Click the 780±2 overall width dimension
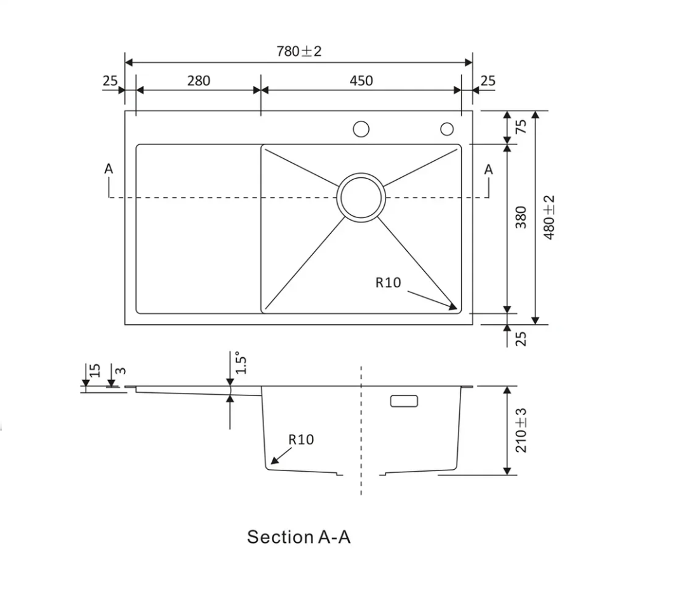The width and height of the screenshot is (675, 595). point(299,51)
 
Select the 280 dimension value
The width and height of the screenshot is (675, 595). point(198,81)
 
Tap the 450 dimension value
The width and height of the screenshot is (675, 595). point(361,81)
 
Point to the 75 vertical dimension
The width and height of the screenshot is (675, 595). point(521,126)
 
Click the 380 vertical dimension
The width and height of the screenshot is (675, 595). point(521,217)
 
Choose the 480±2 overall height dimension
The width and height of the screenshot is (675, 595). point(550,217)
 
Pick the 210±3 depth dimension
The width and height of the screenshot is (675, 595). point(521,430)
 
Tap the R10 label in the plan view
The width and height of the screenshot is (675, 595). point(388,282)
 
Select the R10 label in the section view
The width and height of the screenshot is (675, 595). point(301,439)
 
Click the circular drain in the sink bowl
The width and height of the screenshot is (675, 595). point(361,197)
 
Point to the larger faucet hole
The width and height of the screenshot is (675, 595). point(361,129)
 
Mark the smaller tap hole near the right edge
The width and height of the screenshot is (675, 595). point(447,129)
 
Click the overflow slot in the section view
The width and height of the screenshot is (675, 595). point(403,401)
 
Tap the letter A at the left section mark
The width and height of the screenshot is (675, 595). point(109,169)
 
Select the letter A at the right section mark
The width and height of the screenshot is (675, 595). point(488,169)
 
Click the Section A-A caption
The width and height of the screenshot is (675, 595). point(298,537)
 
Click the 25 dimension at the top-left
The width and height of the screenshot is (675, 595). point(110,81)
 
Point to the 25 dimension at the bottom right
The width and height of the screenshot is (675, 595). point(521,338)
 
